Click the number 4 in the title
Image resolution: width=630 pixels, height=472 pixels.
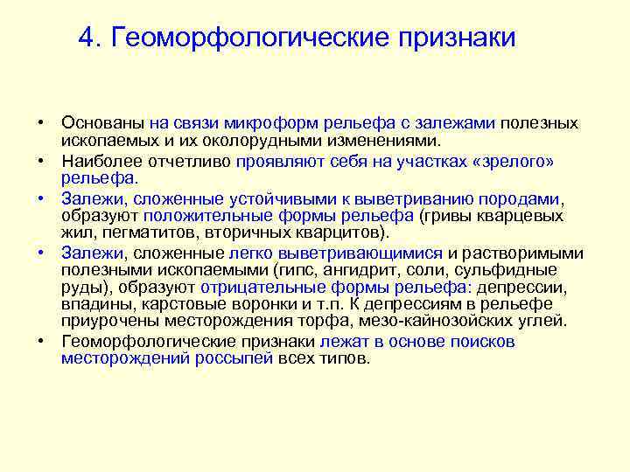tap(84, 38)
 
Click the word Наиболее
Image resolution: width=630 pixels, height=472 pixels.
tap(98, 162)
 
